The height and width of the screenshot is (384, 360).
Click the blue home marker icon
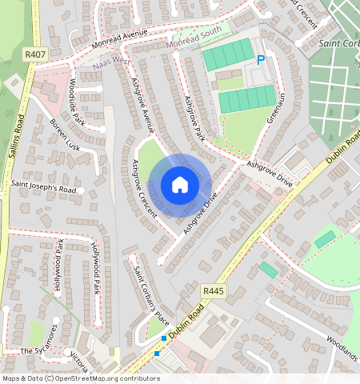click(x=180, y=185)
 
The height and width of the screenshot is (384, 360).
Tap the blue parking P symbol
click(x=261, y=60)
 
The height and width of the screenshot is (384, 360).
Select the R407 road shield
click(x=34, y=54)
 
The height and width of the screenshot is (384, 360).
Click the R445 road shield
click(x=212, y=290)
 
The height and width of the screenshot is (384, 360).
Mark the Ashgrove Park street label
click(x=194, y=118)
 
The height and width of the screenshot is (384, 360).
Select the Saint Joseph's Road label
click(x=43, y=190)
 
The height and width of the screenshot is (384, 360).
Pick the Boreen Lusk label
click(x=65, y=135)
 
